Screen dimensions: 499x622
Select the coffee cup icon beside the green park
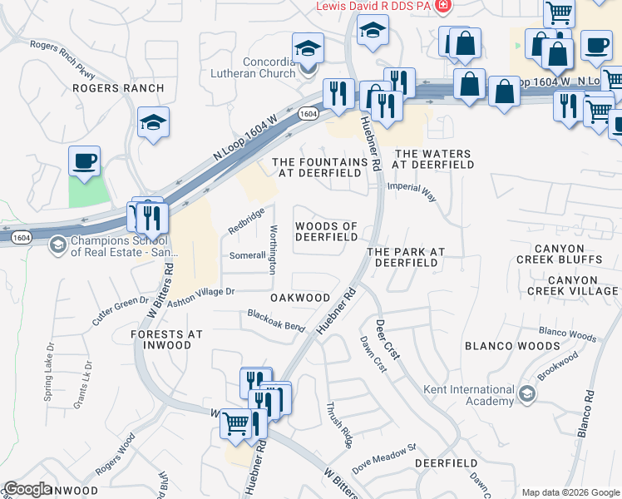(84, 161)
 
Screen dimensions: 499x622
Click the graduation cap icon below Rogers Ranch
(153, 123)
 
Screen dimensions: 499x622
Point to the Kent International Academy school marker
(526, 393)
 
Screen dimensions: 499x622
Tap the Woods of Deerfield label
(326, 232)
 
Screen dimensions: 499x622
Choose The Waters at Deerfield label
(432, 160)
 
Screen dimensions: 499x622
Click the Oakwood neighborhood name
(299, 297)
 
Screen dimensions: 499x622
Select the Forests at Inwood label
(166, 340)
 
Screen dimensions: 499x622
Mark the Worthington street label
(272, 249)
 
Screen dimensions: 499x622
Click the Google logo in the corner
(27, 489)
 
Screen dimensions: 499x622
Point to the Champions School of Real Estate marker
(57, 244)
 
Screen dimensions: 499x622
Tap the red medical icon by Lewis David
(442, 6)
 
